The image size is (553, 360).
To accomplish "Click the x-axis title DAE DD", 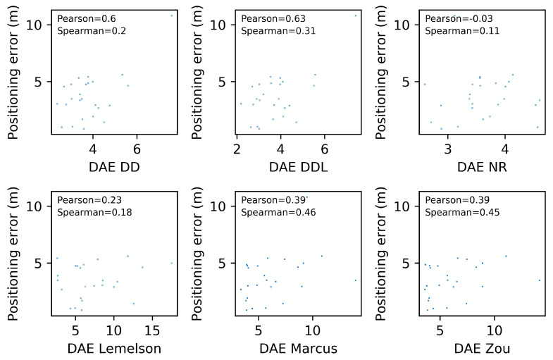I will point(114,168).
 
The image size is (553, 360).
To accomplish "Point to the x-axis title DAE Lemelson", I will point(114,349).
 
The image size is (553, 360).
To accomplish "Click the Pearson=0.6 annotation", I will point(82,19).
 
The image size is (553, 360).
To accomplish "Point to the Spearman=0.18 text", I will point(94,212).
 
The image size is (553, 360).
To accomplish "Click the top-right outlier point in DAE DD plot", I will point(171,15).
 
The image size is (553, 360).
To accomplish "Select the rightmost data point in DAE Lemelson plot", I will point(171,263).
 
